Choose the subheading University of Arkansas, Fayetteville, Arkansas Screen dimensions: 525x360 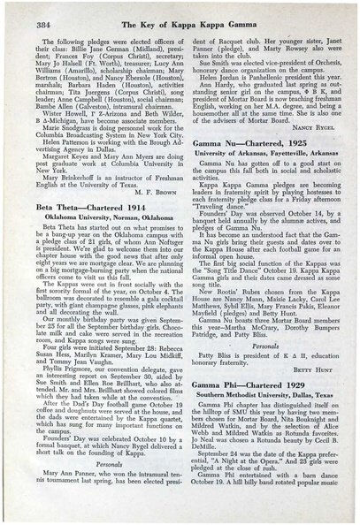coord(263,143)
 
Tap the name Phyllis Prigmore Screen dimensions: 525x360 coord(53,398)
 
